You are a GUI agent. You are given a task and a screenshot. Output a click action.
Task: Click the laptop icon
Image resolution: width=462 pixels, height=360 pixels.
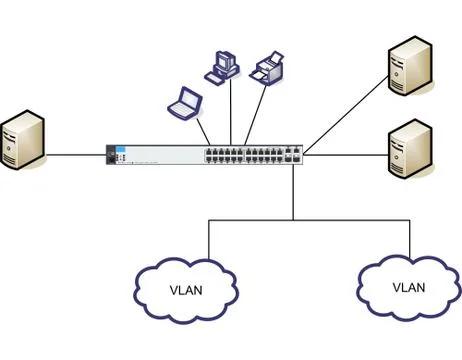tap(185, 104)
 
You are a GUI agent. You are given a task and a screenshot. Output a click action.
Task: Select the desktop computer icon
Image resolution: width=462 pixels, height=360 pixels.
tap(222, 68)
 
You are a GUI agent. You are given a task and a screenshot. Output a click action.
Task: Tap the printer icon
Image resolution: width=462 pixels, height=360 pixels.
tap(267, 68)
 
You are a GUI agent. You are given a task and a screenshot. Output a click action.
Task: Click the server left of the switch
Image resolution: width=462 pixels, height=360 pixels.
tap(22, 140)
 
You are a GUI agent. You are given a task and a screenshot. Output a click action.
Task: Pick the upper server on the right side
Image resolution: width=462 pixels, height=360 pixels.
tap(410, 66)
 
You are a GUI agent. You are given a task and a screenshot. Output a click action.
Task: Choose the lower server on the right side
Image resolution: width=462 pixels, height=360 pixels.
tap(410, 149)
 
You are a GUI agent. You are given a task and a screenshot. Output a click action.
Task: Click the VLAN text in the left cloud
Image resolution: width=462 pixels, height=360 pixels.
tap(186, 290)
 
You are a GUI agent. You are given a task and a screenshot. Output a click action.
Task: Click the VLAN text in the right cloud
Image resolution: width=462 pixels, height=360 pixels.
tap(409, 287)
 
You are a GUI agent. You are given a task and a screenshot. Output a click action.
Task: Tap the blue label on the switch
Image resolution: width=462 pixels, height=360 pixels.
tap(120, 149)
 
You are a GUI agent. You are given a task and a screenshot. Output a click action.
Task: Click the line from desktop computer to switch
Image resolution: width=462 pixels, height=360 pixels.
tap(231, 112)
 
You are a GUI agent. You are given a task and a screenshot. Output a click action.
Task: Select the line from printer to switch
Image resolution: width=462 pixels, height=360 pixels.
tap(255, 115)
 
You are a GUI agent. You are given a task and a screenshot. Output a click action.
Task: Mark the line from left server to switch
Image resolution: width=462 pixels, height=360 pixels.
tap(76, 155)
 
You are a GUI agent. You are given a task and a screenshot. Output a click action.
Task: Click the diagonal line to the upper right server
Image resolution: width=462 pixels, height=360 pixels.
tap(346, 116)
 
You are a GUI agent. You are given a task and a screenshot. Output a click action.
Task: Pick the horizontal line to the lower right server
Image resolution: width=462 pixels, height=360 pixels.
tap(346, 155)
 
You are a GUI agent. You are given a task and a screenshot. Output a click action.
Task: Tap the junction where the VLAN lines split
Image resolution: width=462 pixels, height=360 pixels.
tap(293, 220)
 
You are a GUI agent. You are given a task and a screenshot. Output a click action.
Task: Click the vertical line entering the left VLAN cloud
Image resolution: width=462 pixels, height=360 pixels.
tap(209, 239)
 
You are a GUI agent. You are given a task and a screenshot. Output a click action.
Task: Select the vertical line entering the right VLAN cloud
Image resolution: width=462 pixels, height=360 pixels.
tap(410, 239)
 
